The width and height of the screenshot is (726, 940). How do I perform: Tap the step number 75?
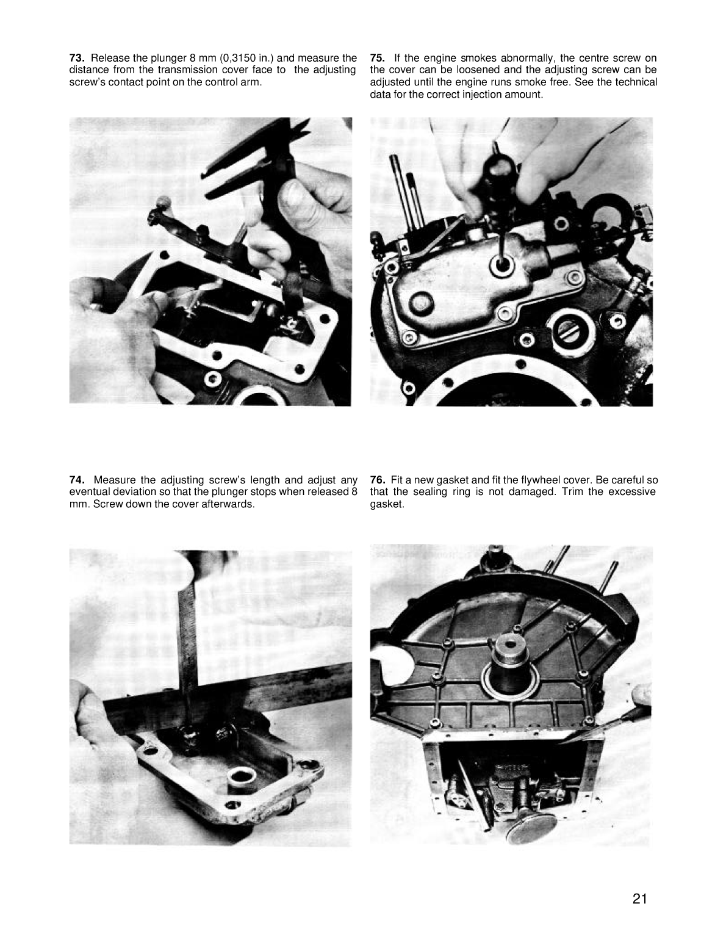377,58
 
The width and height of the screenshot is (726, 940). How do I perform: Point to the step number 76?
377,480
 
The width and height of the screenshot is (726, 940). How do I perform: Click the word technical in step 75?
636,82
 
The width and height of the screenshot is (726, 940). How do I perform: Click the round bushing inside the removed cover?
239,779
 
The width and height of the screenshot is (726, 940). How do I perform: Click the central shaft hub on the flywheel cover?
509,659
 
